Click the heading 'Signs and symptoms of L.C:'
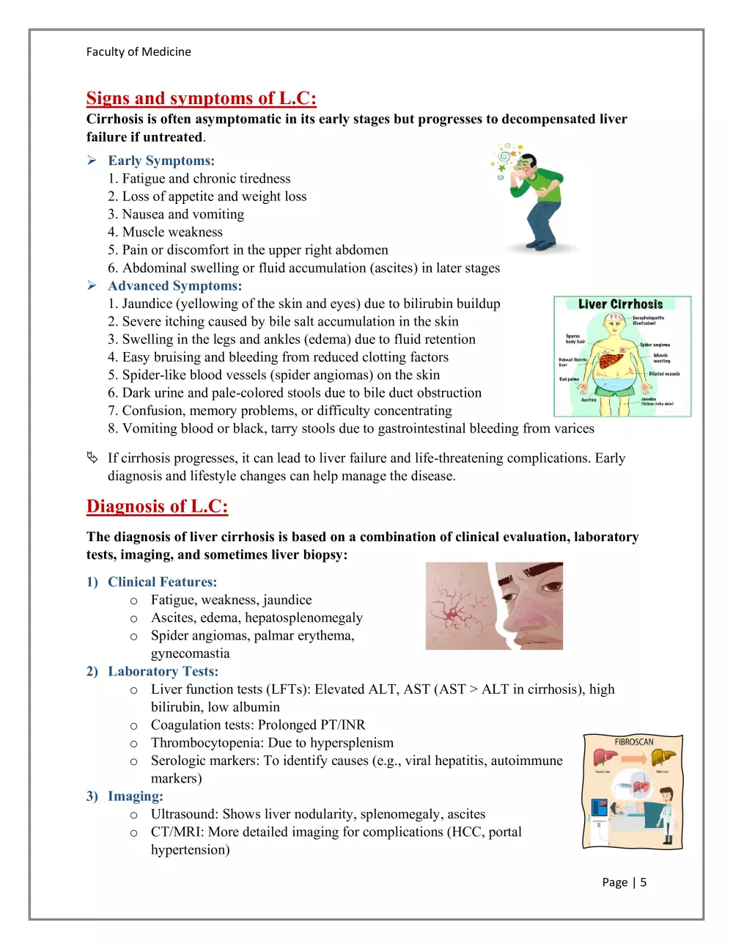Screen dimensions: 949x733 [201, 98]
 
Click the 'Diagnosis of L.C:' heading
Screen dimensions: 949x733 [157, 506]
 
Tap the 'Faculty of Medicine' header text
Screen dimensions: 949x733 [139, 51]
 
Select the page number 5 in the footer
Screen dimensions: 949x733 [644, 882]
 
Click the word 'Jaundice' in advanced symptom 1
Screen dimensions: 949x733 [147, 304]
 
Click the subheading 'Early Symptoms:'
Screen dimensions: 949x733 [161, 161]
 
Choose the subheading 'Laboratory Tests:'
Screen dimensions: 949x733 [163, 671]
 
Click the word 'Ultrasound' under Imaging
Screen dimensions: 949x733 [183, 814]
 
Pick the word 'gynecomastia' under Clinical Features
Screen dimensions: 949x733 [190, 653]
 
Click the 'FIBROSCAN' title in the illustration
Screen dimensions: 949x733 [634, 742]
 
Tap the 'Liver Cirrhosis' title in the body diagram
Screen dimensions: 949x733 [620, 304]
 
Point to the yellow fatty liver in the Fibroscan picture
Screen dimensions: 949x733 [663, 757]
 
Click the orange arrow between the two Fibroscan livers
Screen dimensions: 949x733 [633, 758]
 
